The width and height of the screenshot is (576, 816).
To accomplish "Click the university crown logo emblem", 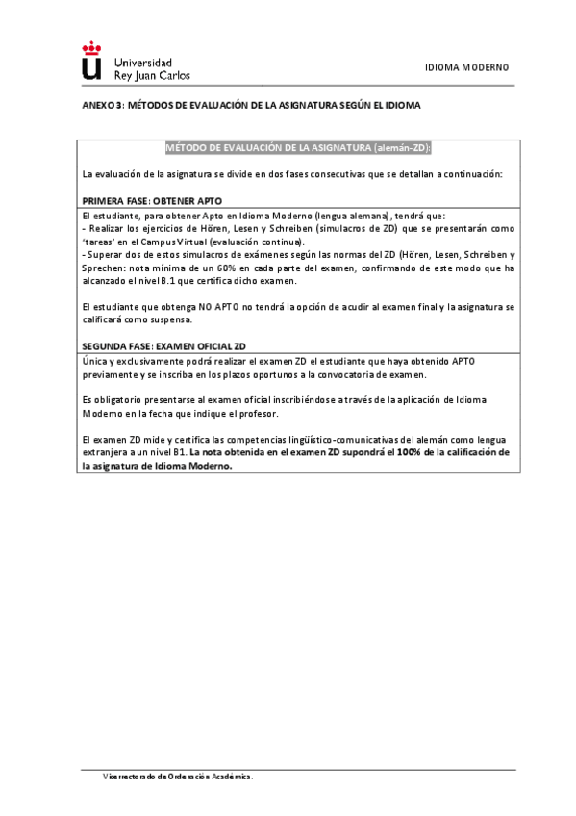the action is pos(91,61).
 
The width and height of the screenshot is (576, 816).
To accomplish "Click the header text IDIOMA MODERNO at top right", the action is pos(466,67).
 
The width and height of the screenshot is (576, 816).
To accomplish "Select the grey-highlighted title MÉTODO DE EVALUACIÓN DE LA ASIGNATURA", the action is pos(298,147).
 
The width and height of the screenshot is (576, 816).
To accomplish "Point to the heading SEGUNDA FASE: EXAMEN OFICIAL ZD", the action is pos(163,345).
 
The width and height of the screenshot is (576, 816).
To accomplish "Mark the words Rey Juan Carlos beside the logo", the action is pos(152,74).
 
